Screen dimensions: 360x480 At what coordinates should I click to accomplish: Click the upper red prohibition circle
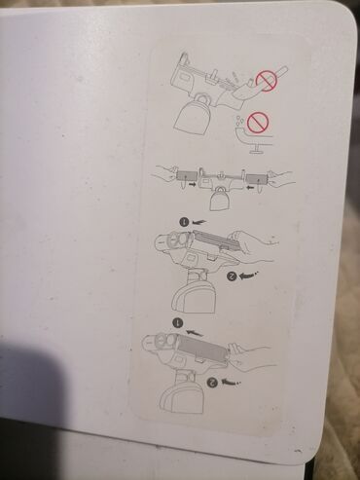267,81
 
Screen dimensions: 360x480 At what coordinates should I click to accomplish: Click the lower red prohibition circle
258,123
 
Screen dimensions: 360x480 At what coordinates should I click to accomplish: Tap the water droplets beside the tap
239,121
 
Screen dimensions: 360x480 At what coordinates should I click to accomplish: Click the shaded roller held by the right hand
257,178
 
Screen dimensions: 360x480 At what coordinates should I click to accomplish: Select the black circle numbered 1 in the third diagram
184,222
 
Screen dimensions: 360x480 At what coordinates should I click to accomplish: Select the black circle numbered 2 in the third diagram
232,277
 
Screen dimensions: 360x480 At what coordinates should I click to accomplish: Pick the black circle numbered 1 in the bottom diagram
178,323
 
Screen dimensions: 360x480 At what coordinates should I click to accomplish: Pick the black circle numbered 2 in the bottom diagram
213,382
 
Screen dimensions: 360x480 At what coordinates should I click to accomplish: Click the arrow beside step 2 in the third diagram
249,276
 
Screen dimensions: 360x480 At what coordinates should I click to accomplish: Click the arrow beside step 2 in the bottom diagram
232,382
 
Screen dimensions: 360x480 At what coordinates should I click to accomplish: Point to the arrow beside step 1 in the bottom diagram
195,333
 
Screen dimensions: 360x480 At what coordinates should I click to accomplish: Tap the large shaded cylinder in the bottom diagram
203,347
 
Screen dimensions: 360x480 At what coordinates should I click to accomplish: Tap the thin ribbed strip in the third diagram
217,240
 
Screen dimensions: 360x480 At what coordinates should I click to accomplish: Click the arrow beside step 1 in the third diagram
199,222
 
